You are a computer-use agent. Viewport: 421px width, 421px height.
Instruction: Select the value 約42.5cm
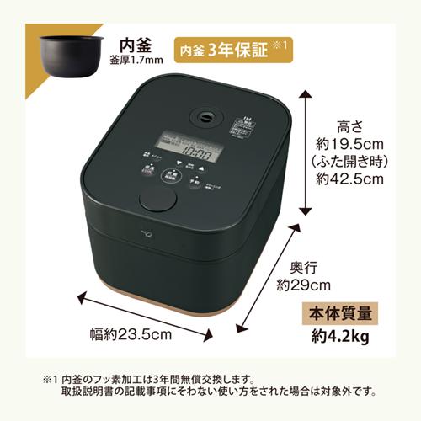click(x=348, y=179)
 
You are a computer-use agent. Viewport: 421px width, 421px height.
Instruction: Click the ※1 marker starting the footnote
click(x=42, y=380)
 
